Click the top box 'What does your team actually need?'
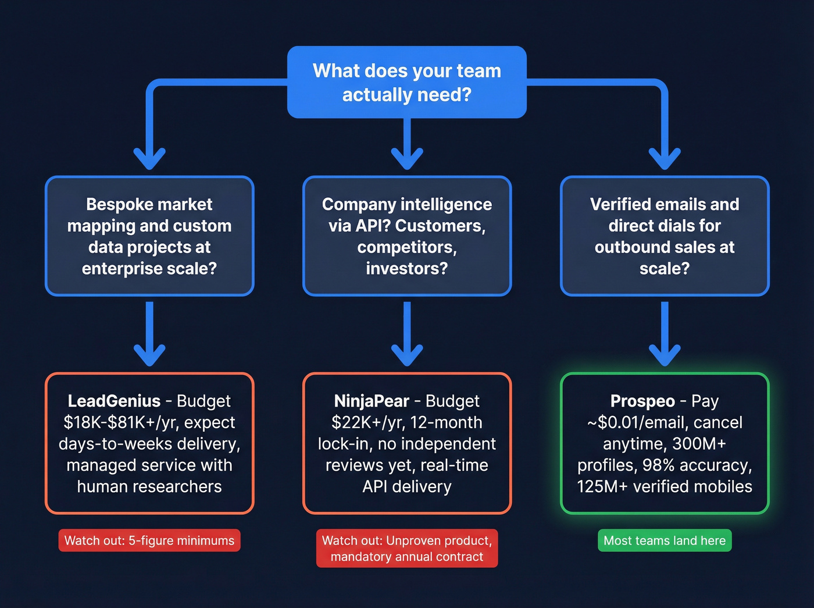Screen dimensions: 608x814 407,82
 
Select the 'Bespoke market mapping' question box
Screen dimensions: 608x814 149,236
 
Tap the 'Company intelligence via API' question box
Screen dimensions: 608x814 407,236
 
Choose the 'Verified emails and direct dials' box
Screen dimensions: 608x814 665,236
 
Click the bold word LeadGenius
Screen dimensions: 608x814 114,401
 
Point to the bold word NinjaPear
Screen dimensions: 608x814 372,401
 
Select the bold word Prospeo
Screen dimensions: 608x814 642,401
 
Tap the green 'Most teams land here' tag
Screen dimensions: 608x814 665,541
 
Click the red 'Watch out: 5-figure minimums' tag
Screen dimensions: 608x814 149,541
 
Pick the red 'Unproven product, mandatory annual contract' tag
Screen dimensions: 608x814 407,549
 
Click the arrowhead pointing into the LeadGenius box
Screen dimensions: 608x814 149,354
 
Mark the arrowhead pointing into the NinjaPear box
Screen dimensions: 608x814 407,354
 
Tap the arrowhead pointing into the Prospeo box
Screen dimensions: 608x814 665,354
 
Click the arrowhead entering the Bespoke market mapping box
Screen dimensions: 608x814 149,158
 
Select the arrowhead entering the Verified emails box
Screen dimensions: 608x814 665,158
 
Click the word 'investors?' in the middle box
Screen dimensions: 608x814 407,269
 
